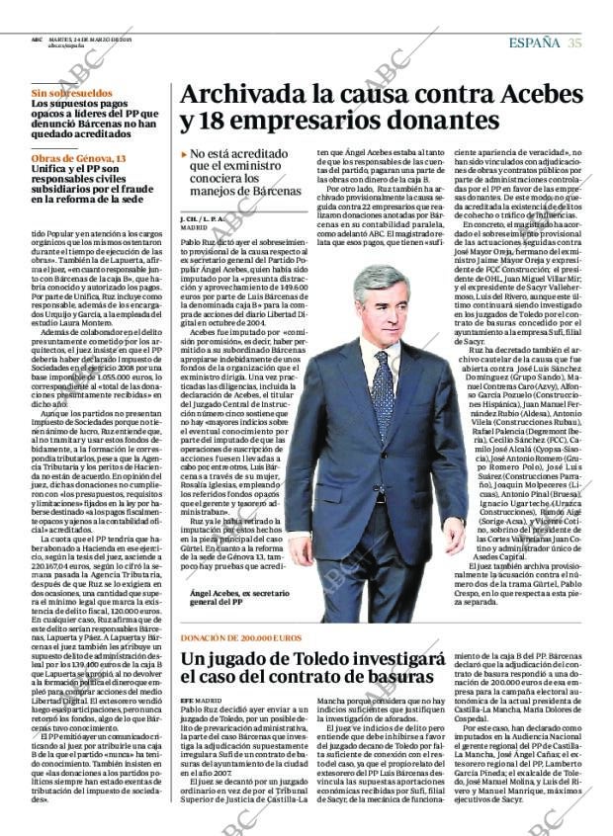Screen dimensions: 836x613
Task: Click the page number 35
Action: tap(574, 42)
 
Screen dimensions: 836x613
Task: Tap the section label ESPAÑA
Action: tap(534, 42)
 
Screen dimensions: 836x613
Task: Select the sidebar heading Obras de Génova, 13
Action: tap(78, 159)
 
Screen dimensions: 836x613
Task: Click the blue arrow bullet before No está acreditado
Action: tap(184, 155)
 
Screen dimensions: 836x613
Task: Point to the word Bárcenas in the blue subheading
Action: tap(271, 190)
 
